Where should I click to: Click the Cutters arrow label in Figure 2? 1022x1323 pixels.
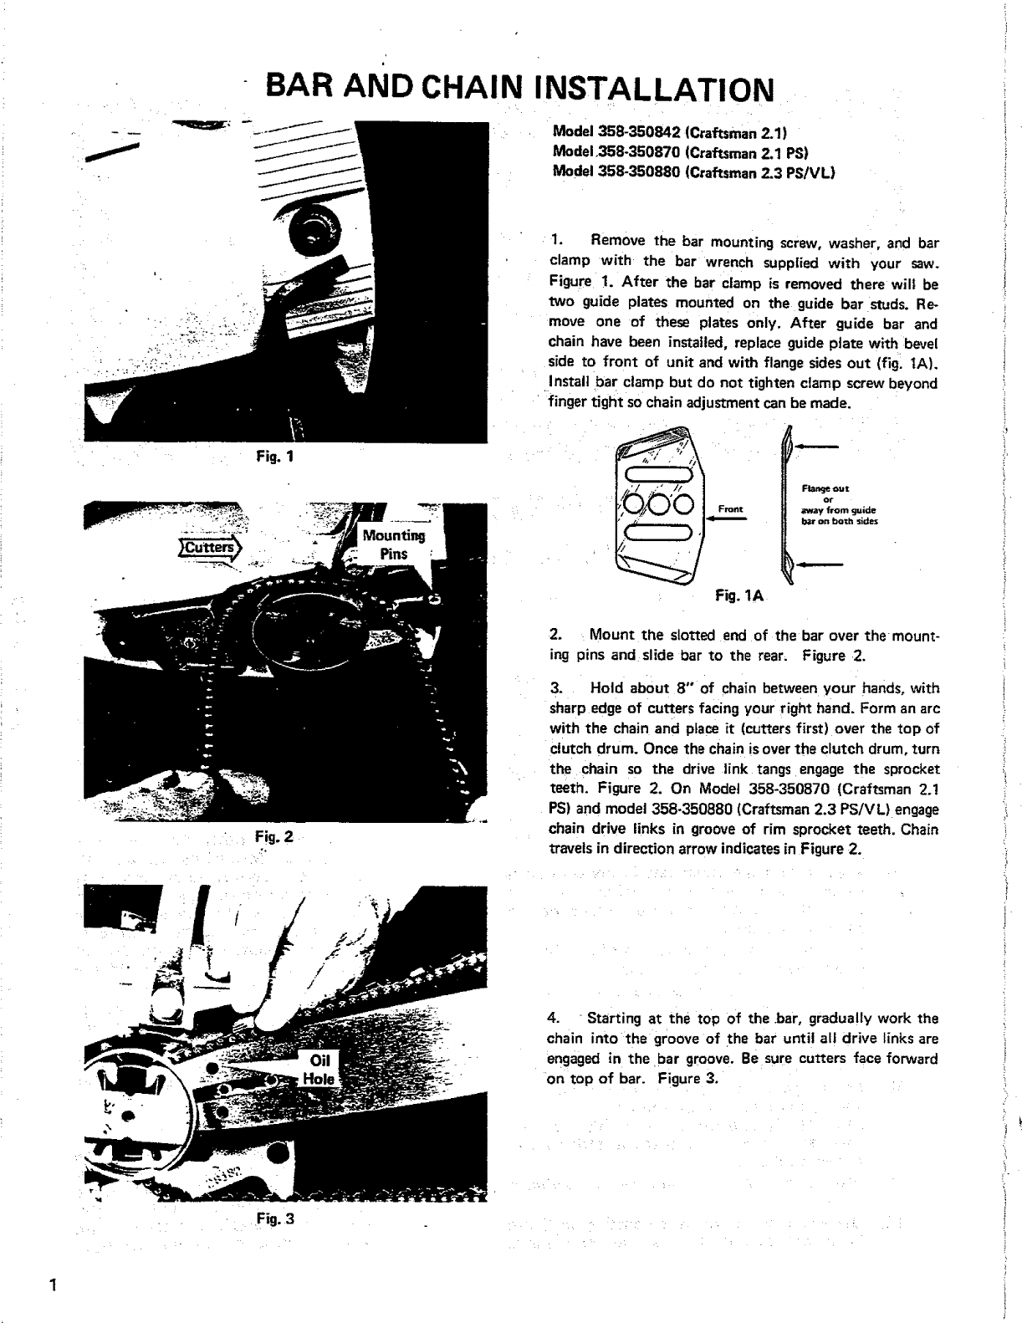pos(210,548)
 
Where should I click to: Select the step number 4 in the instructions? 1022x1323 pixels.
pos(552,1019)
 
